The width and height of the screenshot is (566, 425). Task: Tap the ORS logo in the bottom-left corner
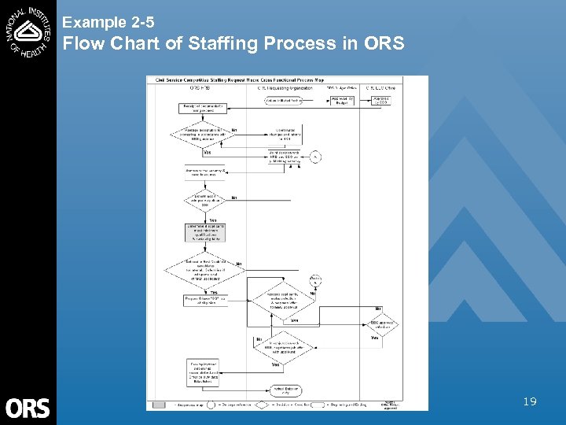coord(28,407)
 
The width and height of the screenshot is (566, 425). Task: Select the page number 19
coord(530,402)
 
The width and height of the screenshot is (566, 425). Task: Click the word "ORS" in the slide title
coord(384,43)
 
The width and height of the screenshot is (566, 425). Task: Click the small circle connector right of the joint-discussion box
coord(316,156)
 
